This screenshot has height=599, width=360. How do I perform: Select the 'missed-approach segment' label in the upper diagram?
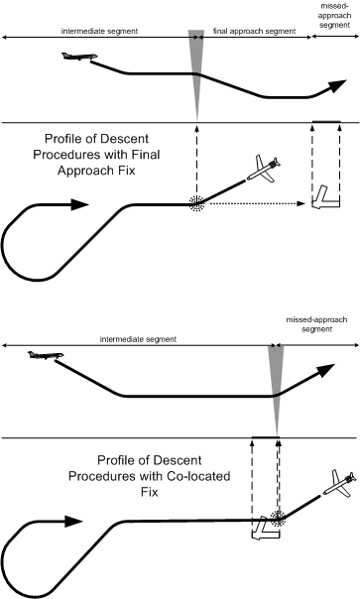click(335, 18)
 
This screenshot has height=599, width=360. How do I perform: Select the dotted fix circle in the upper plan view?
click(198, 202)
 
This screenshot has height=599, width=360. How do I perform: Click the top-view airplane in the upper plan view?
click(265, 170)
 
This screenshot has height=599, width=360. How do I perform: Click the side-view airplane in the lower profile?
click(42, 354)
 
